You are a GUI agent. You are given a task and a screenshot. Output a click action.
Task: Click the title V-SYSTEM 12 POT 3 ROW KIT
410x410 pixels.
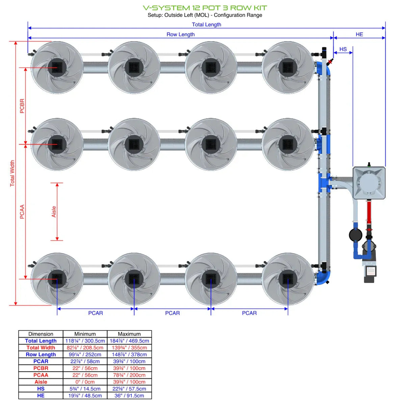(x=205, y=8)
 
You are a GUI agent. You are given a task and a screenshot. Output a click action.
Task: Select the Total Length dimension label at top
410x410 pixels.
(x=206, y=25)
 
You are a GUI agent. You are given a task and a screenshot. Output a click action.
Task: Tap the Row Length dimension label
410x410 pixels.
(x=180, y=34)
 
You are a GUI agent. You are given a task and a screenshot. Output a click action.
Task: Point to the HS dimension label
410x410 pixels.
(x=343, y=49)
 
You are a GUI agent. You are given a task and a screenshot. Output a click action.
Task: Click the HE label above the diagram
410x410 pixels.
(x=359, y=34)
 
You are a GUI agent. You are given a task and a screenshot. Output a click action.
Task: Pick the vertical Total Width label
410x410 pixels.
(x=12, y=173)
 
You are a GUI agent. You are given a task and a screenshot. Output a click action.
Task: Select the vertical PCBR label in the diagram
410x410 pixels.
(x=22, y=106)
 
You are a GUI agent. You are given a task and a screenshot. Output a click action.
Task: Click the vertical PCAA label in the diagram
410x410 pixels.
(x=22, y=212)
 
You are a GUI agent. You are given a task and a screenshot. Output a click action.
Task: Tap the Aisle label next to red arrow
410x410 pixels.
(x=54, y=212)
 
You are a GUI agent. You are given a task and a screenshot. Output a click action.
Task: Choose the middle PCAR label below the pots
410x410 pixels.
(x=172, y=313)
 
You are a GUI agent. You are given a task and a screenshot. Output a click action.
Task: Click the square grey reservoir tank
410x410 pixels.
(x=369, y=183)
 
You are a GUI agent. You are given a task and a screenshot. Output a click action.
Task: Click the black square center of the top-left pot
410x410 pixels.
(x=57, y=68)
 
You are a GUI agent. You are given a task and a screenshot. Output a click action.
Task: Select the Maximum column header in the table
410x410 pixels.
(x=129, y=334)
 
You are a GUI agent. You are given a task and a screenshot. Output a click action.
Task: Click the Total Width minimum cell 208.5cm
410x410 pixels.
(x=85, y=348)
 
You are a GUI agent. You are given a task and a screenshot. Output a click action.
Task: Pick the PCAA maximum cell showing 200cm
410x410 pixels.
(x=129, y=375)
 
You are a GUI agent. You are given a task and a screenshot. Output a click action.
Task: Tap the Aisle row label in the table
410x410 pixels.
(x=41, y=382)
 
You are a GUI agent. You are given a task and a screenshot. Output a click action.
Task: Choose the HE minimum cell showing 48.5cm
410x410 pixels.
(x=85, y=395)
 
